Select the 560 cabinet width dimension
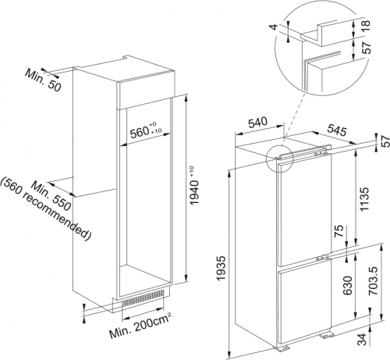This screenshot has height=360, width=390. pos(146,131)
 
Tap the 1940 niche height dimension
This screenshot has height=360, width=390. pos(199,191)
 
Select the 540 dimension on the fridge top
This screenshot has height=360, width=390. pos(259,123)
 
